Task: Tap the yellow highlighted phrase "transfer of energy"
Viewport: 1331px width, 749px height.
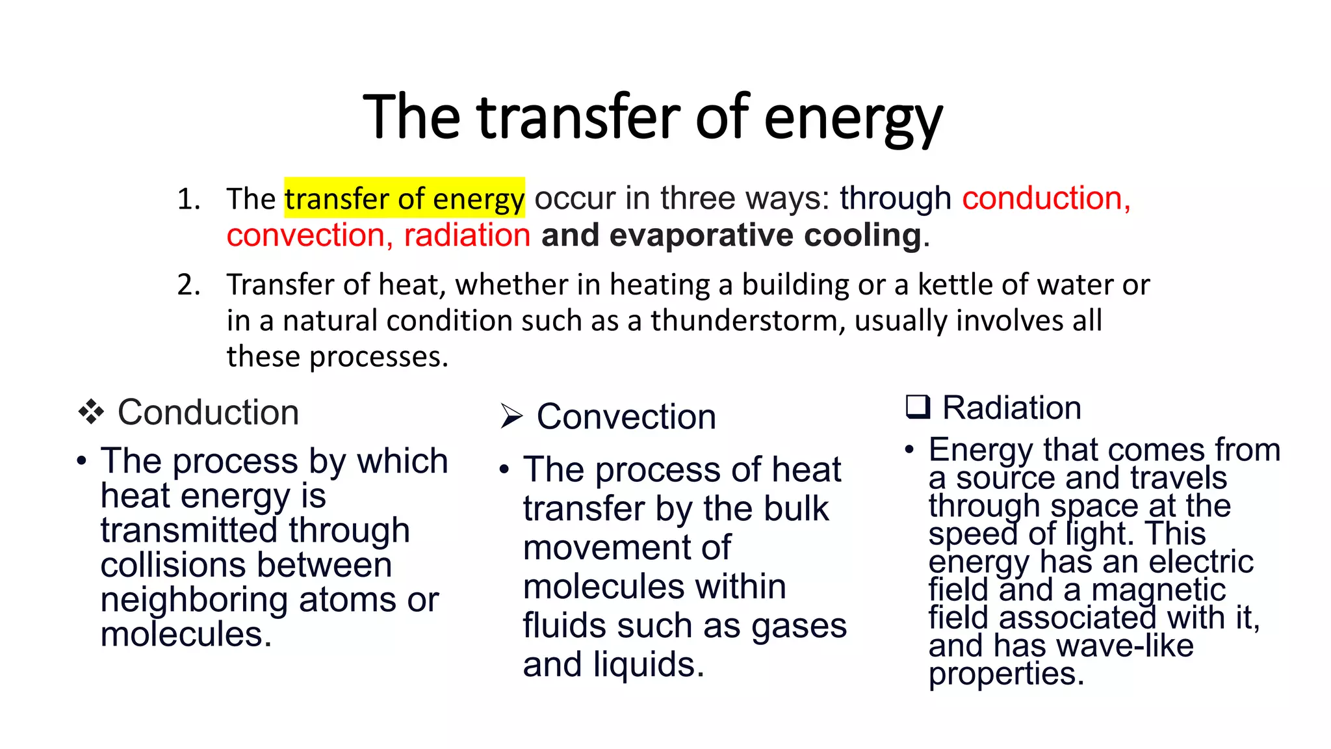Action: coord(404,198)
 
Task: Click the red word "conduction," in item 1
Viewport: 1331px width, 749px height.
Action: coord(1046,198)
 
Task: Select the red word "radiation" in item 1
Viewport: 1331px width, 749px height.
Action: coord(467,235)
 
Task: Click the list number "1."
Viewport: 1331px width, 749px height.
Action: coord(188,199)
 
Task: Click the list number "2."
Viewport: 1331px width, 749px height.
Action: coord(188,285)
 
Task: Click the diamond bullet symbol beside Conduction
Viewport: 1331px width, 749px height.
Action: coord(91,412)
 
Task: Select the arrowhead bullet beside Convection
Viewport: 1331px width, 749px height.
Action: coord(511,416)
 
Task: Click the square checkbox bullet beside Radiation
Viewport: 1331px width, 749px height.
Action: coord(918,407)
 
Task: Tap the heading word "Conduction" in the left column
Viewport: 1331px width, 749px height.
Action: coord(208,412)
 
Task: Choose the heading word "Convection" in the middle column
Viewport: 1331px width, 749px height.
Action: coord(626,416)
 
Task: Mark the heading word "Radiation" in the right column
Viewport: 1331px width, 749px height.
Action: coord(1011,408)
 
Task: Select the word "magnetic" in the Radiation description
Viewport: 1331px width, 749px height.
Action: coord(1158,590)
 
